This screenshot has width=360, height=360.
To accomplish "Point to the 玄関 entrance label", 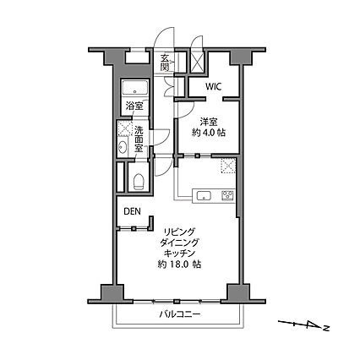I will click(x=166, y=63).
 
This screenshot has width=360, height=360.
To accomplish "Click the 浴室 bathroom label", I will click(x=134, y=106).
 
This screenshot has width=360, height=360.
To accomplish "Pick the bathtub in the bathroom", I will click(x=135, y=90).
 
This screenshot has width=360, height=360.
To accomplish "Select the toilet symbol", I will click(x=137, y=178).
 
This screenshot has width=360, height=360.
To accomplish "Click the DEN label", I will click(x=133, y=212).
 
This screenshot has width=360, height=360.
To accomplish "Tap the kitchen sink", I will click(x=204, y=196).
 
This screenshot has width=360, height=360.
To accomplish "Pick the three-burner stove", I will click(x=226, y=196).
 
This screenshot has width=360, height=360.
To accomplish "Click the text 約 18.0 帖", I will click(x=178, y=265).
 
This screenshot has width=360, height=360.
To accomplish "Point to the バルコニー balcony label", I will click(x=179, y=315).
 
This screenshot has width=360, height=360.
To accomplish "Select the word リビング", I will click(x=178, y=231).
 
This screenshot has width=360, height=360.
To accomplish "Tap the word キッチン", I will click(x=178, y=253).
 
